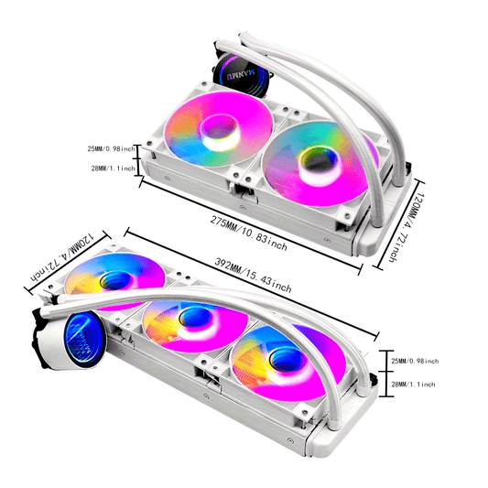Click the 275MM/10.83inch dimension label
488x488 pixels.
(x=248, y=233)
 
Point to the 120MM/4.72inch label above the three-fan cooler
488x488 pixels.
(x=61, y=256)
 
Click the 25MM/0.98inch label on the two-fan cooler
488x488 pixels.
(x=112, y=148)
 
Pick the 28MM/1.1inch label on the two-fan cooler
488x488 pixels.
(x=114, y=168)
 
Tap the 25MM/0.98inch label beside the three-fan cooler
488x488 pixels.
(x=415, y=361)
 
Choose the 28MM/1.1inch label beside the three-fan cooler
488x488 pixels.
(x=413, y=385)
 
